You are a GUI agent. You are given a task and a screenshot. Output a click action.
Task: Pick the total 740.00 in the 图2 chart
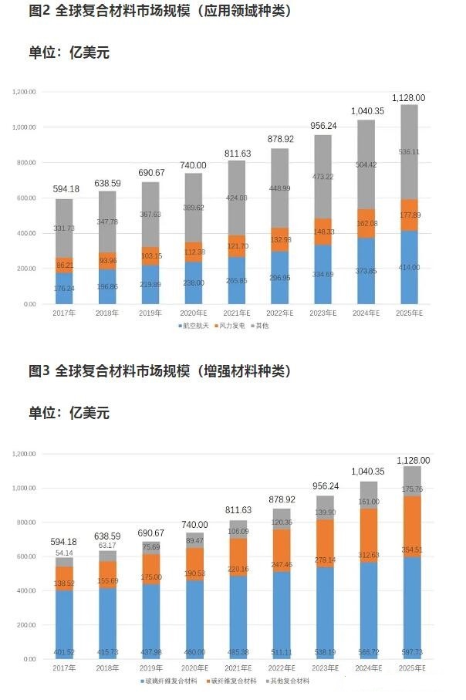194,165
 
